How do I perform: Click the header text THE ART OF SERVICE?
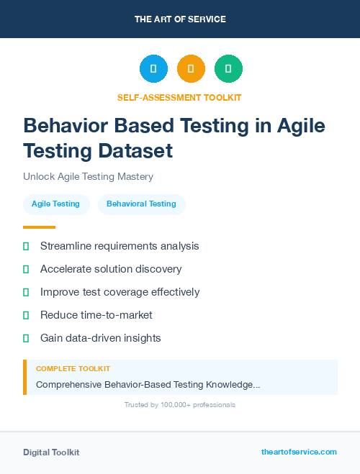[180, 19]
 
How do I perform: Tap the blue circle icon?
[153, 69]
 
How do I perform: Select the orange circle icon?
[191, 69]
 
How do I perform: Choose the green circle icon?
[228, 69]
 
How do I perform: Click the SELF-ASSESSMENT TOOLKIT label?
[179, 97]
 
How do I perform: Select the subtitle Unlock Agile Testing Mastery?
[88, 176]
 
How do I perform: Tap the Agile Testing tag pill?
[55, 204]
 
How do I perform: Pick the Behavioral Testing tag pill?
[141, 204]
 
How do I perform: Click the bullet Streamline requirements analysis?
[120, 246]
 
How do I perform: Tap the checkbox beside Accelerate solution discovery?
[26, 269]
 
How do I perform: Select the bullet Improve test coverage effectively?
[120, 292]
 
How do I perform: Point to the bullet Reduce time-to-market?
[96, 315]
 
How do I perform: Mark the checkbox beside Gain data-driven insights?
[26, 338]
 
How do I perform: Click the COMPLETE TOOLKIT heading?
[73, 368]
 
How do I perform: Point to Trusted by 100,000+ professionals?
[179, 405]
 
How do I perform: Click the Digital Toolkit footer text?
[51, 452]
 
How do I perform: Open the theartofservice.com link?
[299, 452]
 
